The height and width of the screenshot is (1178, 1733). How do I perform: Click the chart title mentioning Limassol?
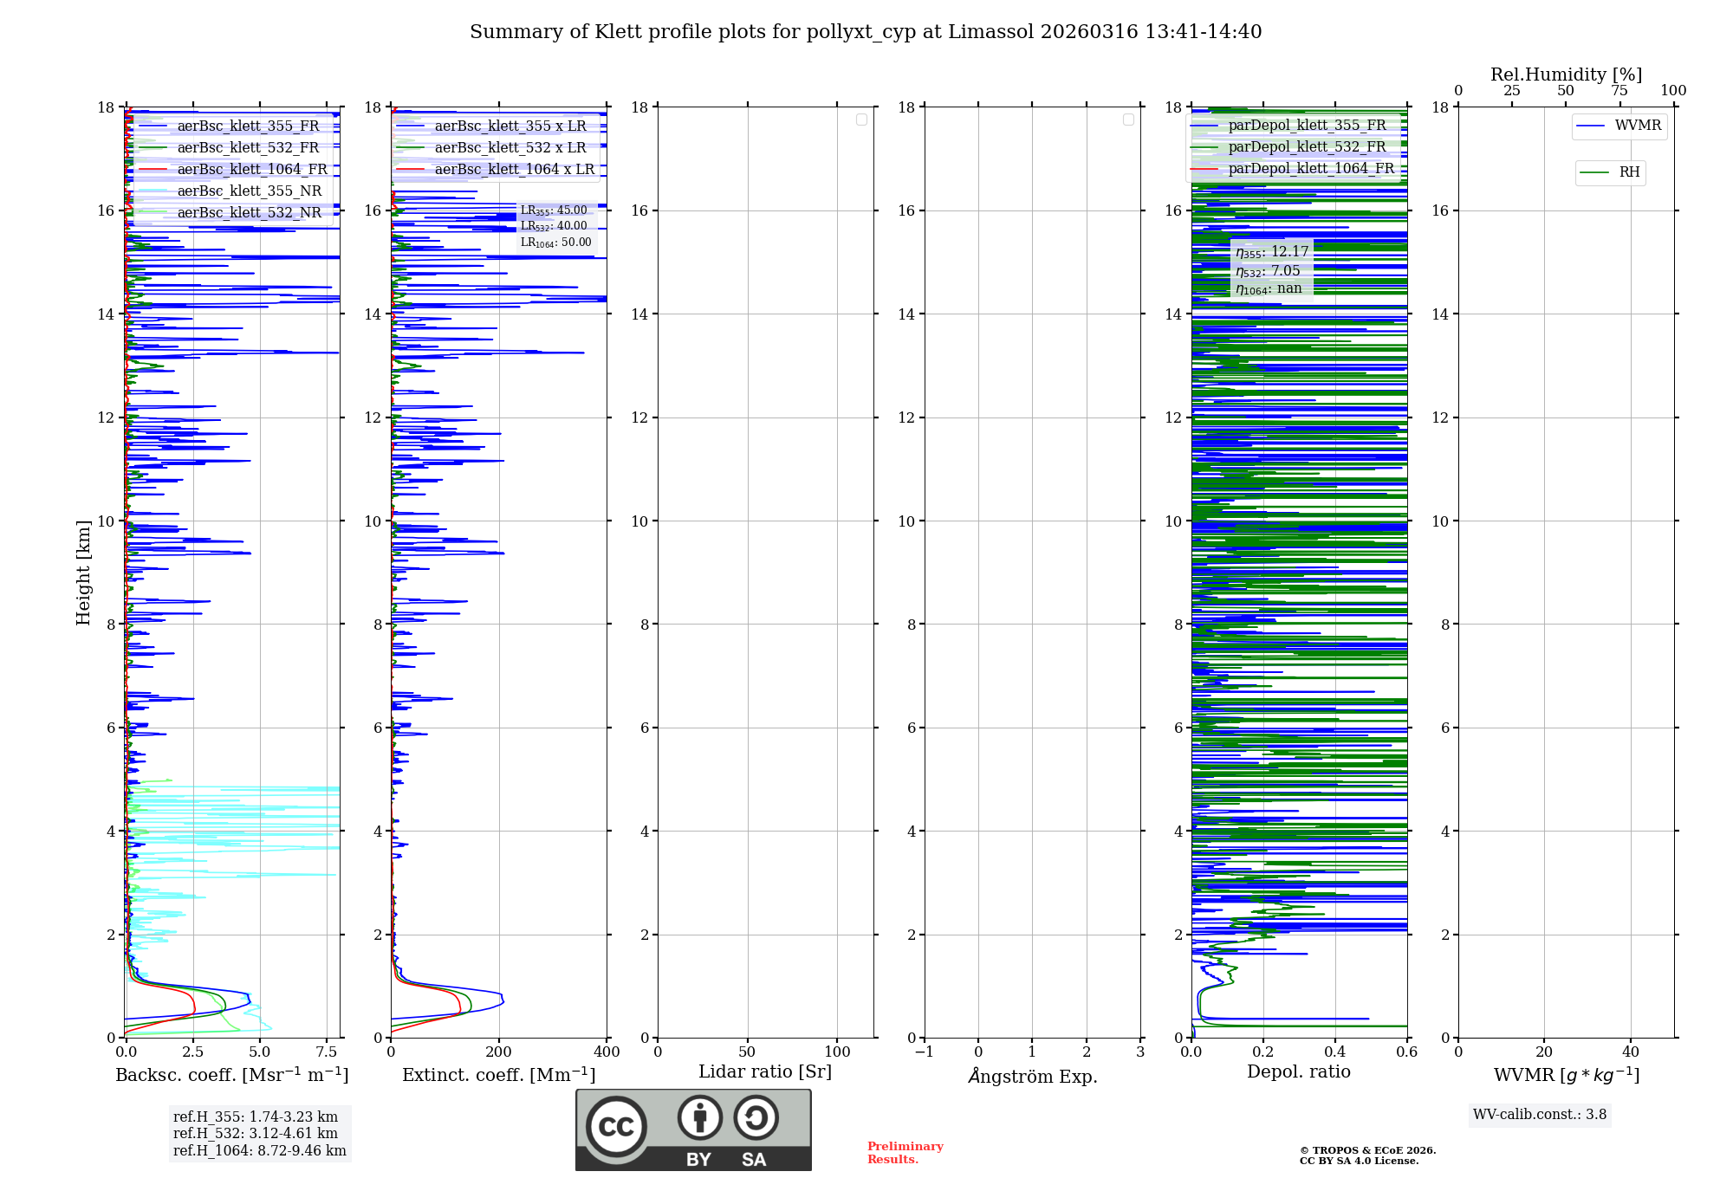tap(866, 32)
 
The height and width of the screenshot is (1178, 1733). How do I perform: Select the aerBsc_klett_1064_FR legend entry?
tap(251, 170)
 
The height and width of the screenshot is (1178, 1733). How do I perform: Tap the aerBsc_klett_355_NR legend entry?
tap(249, 191)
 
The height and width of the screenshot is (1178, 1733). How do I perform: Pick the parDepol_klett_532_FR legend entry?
tap(1306, 147)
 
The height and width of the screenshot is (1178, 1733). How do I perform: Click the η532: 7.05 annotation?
tap(1268, 271)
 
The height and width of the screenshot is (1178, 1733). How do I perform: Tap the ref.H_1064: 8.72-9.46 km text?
tap(259, 1150)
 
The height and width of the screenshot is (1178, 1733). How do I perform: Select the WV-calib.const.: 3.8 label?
tap(1539, 1115)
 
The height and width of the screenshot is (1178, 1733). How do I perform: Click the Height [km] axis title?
tap(83, 572)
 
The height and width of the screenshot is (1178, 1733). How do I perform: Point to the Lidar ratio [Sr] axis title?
tap(764, 1072)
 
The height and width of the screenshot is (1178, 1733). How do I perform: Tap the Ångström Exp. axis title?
tap(1032, 1077)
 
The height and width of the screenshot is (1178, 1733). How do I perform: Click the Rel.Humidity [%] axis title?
tap(1566, 74)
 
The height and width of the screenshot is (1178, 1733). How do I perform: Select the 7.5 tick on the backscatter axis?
tap(327, 1052)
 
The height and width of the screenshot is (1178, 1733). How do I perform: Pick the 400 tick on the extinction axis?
tap(607, 1052)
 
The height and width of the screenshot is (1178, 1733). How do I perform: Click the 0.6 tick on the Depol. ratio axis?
tap(1406, 1052)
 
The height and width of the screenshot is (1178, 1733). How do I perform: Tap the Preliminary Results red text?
tap(905, 1153)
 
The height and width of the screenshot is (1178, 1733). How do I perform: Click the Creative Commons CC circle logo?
tap(616, 1126)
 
